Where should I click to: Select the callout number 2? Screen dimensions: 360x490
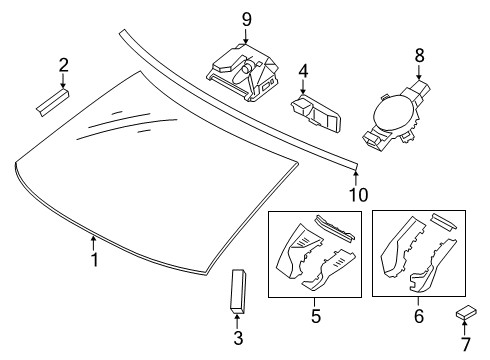[63, 66]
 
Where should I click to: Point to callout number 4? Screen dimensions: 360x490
[302, 71]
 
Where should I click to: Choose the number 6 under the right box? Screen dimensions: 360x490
[418, 317]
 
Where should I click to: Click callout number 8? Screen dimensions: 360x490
[420, 57]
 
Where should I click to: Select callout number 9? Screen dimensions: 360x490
[245, 19]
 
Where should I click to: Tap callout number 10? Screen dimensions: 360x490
[356, 194]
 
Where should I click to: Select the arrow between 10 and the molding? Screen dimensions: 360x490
[356, 174]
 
